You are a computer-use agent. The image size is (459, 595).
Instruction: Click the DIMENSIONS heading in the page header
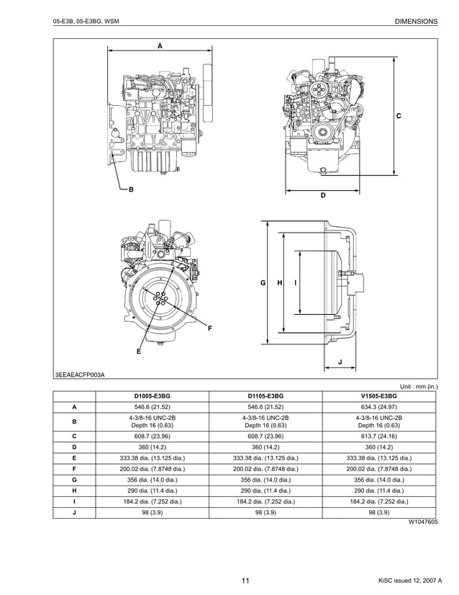[416, 22]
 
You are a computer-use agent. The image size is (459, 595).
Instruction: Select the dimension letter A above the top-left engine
[160, 45]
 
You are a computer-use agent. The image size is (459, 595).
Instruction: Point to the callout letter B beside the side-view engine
[131, 189]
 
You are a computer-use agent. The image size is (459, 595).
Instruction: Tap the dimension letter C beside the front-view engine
[399, 116]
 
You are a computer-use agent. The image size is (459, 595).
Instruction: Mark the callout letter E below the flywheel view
[138, 352]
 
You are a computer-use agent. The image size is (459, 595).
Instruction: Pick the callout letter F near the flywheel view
[210, 328]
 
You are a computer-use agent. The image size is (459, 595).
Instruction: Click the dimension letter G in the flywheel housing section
[263, 283]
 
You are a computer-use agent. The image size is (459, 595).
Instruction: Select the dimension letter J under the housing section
[340, 361]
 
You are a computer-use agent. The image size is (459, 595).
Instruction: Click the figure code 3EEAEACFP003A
[80, 375]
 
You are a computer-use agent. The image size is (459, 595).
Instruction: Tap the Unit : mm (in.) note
[414, 386]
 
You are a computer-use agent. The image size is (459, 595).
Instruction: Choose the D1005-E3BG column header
[152, 396]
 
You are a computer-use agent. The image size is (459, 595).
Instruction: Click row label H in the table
[74, 490]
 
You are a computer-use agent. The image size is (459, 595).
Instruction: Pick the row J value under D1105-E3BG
[265, 512]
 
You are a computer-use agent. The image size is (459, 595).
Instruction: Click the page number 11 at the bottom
[245, 581]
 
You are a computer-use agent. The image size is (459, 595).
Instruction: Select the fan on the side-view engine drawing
[208, 94]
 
